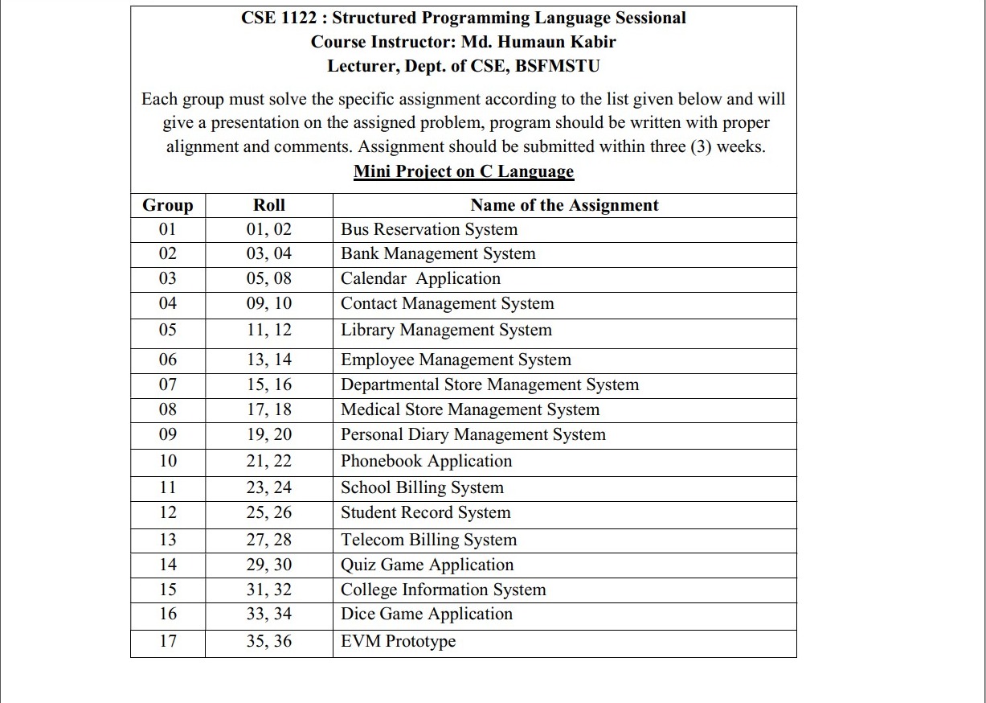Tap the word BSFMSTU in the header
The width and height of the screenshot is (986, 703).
click(557, 66)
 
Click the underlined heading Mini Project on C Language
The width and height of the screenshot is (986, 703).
click(464, 171)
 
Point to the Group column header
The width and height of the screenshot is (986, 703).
click(167, 205)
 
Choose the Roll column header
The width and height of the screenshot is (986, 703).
click(268, 205)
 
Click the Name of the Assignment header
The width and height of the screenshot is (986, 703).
click(564, 205)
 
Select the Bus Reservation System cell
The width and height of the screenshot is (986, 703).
click(429, 229)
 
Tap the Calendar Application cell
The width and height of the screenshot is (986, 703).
click(420, 278)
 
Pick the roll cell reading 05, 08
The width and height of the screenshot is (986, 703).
click(268, 278)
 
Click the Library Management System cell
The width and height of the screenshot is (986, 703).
click(446, 330)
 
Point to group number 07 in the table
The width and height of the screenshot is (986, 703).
click(167, 384)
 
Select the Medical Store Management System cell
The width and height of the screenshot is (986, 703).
click(470, 409)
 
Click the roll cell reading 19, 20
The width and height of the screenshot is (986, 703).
click(268, 434)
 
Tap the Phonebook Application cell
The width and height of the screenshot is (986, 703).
click(426, 461)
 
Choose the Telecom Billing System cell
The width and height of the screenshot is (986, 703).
click(428, 540)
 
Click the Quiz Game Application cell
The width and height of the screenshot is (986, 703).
click(427, 565)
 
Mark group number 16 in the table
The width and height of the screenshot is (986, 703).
click(167, 614)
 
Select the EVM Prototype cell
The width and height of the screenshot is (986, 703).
click(398, 641)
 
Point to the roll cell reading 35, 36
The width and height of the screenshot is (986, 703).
click(268, 641)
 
